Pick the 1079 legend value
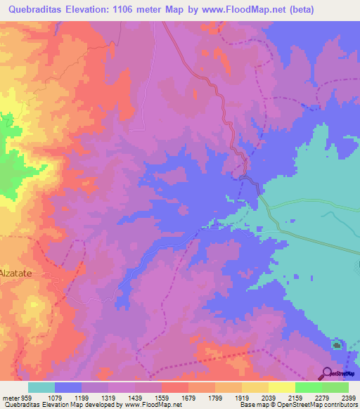pyautogui.click(x=67, y=397)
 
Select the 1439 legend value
pyautogui.click(x=148, y=397)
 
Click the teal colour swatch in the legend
pyautogui.click(x=41, y=387)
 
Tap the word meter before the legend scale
pyautogui.click(x=10, y=397)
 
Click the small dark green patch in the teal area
pyautogui.click(x=337, y=345)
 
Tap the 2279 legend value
pyautogui.click(x=308, y=397)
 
